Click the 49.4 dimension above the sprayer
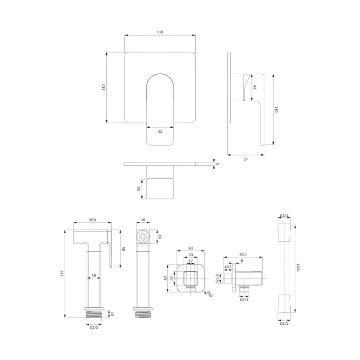click(92, 220)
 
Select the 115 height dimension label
click(62, 274)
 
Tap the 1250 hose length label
click(298, 267)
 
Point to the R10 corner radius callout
click(210, 294)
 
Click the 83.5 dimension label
click(243, 254)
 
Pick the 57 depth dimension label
click(246, 159)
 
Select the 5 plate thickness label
click(217, 164)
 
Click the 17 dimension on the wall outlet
click(191, 261)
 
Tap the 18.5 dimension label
click(228, 267)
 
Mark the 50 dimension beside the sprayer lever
click(123, 249)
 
